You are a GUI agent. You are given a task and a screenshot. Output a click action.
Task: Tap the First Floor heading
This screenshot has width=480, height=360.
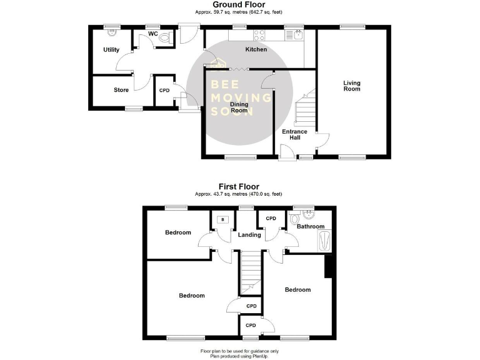238,186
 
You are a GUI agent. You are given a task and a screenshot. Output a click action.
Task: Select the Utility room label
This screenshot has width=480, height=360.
111,50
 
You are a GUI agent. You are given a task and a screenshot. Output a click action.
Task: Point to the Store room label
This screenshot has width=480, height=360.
121,90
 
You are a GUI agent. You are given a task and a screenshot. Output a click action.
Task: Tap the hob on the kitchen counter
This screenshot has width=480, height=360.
259,35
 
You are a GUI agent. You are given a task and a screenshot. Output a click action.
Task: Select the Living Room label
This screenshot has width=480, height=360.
352,86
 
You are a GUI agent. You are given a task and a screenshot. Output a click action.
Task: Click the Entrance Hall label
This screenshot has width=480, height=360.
294,134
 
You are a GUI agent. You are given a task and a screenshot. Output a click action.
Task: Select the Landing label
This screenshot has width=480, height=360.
250,235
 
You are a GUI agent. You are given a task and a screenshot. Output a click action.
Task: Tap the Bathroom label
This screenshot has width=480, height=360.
311,226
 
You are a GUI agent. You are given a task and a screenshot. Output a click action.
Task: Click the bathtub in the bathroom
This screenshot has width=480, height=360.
326,241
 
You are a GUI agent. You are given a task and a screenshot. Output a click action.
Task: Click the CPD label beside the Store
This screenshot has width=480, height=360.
164,91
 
